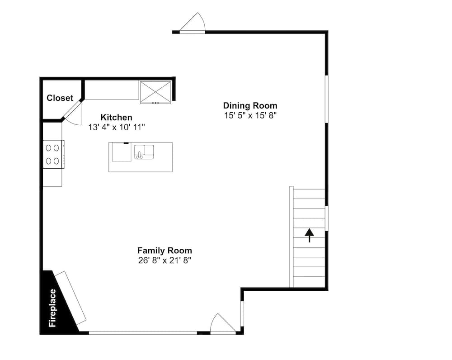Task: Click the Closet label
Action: coord(60,98)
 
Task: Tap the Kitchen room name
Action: coord(117,118)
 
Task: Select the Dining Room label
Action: coord(250,105)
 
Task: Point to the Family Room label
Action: coord(165,251)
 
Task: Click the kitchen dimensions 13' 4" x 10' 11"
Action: coord(117,127)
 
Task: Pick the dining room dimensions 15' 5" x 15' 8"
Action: coord(250,115)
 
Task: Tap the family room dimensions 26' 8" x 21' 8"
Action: coord(165,261)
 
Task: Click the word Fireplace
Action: coord(52,308)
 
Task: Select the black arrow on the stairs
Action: coord(309,235)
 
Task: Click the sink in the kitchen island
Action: coord(144,152)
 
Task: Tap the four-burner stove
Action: coord(53,154)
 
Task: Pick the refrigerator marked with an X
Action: coord(155,92)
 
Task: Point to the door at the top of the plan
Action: coord(193,23)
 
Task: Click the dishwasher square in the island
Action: coord(121,152)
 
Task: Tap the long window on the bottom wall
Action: coord(143,333)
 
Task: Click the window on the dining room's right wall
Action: coord(327,99)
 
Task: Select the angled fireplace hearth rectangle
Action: coord(71,298)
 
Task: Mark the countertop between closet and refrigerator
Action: coord(112,90)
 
